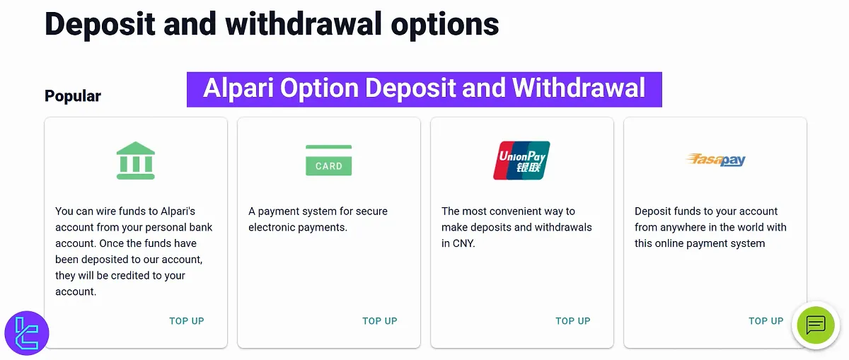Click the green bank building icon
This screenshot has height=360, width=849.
[135, 160]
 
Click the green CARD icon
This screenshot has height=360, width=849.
[328, 161]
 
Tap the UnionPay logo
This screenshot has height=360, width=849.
[521, 161]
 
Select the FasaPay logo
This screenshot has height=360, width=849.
[715, 160]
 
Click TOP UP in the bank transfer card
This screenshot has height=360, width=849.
[187, 321]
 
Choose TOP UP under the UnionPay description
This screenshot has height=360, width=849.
[573, 321]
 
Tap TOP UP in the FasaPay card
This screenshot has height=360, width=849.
[766, 321]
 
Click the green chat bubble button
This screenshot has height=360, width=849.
[815, 325]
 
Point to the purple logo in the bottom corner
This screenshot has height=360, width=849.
[26, 332]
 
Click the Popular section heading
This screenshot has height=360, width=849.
[73, 96]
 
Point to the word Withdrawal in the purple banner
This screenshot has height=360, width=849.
[578, 88]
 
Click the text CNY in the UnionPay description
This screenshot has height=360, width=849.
[463, 243]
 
